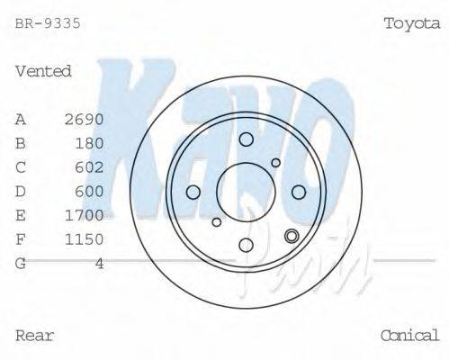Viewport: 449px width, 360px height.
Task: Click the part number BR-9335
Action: [48, 23]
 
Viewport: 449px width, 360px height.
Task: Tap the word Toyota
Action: [411, 23]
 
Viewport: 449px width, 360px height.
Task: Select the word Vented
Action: [43, 71]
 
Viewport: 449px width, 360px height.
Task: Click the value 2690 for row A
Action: [85, 119]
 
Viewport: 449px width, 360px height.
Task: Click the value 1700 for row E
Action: [85, 215]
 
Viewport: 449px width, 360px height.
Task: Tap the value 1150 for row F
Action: [85, 239]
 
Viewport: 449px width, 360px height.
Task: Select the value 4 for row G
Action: [99, 263]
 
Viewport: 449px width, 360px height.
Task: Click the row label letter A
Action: [21, 119]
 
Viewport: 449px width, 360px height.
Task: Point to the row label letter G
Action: [21, 263]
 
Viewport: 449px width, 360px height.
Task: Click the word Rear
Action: [35, 336]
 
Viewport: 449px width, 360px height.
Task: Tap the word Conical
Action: [409, 336]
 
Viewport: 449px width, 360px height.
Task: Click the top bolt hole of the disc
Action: [246, 139]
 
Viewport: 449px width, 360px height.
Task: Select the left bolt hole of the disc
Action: [193, 192]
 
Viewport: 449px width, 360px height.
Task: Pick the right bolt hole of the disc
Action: [299, 191]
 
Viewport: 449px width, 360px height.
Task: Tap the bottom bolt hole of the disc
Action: [246, 244]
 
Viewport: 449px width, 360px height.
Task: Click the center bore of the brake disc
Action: [246, 191]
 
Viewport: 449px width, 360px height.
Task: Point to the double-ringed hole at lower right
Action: [291, 237]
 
